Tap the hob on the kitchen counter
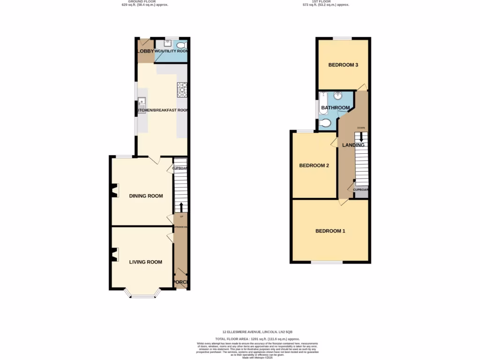click(181, 90)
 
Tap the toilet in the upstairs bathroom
click(326, 123)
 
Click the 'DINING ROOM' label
click(146, 196)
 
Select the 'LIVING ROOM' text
click(146, 262)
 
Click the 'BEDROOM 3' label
click(343, 65)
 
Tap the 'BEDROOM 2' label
click(314, 166)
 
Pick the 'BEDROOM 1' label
click(330, 231)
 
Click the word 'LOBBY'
click(145, 51)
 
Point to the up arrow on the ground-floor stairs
click(181, 207)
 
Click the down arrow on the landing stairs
click(361, 137)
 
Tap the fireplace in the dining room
click(113, 190)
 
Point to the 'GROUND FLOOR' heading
click(144, 1)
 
